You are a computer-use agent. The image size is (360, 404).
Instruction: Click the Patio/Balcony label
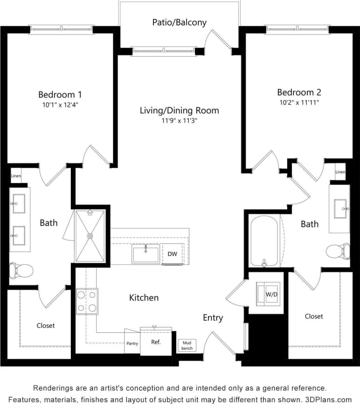(x=179, y=22)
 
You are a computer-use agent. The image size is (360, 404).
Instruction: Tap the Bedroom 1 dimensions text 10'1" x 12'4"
(x=60, y=105)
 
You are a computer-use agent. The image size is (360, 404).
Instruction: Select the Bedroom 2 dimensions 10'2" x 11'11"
(x=299, y=102)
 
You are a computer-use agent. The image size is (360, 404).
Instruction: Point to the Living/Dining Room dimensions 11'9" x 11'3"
(x=179, y=121)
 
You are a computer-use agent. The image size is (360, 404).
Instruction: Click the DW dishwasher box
(x=172, y=254)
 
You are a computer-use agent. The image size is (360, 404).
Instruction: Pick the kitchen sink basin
(x=145, y=254)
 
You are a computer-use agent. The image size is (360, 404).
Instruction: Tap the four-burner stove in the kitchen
(x=87, y=301)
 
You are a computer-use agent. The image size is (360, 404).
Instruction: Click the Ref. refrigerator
(x=156, y=342)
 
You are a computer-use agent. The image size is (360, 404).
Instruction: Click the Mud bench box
(x=187, y=345)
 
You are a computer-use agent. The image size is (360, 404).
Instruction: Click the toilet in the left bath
(x=21, y=270)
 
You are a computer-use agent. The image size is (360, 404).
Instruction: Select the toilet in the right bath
(x=338, y=251)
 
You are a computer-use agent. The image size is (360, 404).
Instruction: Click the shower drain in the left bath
(x=90, y=236)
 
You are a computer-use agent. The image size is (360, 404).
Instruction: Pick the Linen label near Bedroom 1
(x=16, y=176)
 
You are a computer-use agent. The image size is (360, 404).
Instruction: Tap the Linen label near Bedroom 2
(x=340, y=172)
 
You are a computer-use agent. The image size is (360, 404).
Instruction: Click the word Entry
(x=213, y=318)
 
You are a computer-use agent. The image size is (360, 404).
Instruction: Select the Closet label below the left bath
(x=46, y=326)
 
